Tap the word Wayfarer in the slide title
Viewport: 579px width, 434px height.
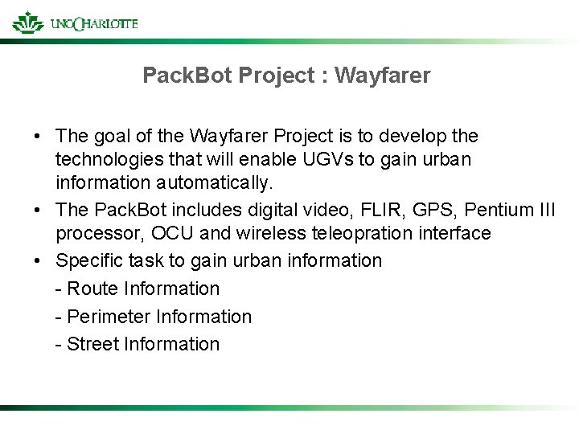(382, 76)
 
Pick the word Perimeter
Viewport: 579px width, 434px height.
(106, 317)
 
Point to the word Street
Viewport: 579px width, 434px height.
(92, 344)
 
